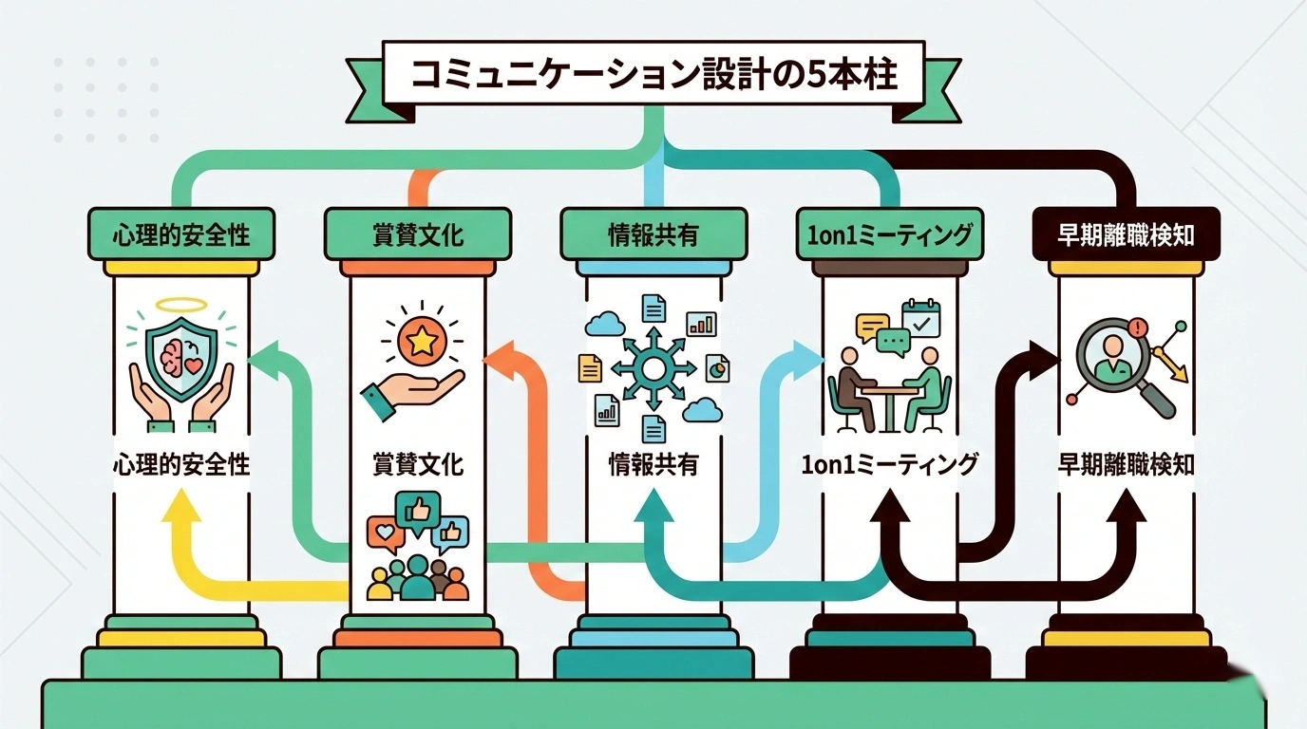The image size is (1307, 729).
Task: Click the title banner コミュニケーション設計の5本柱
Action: click(x=653, y=73)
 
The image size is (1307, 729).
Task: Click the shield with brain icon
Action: click(x=180, y=360)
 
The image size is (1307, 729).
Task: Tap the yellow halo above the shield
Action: click(x=180, y=306)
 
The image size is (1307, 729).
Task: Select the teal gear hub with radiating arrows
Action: click(x=654, y=368)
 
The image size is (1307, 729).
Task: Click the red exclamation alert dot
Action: click(x=1140, y=328)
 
